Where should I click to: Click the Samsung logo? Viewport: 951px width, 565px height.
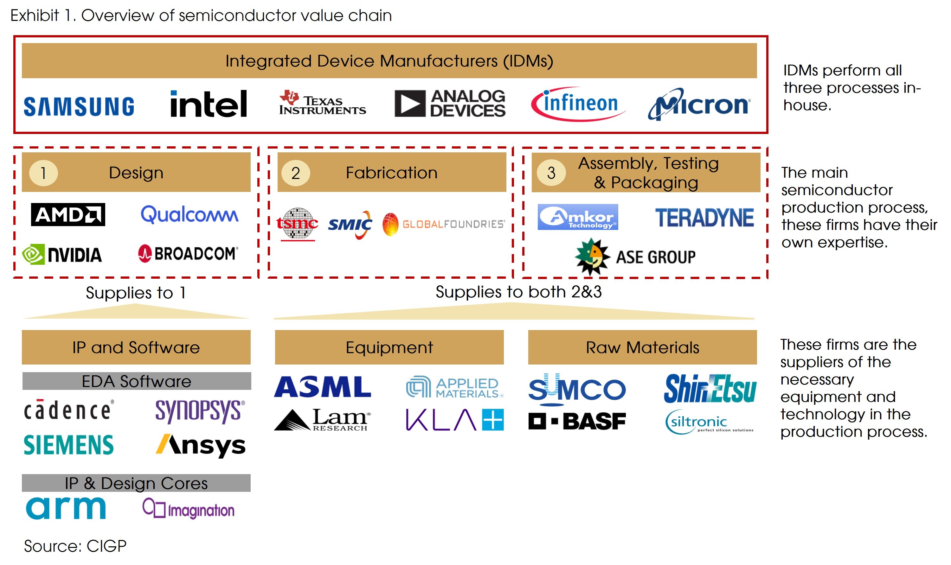tap(79, 106)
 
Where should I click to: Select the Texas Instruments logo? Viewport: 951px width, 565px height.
tap(322, 103)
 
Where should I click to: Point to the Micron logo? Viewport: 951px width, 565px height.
tap(699, 104)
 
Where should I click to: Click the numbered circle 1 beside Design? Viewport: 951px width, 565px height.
tap(43, 173)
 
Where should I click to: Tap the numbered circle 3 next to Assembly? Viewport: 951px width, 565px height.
tap(551, 173)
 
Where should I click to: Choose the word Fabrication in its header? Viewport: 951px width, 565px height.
tap(391, 173)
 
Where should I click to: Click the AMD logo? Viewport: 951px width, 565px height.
tap(68, 215)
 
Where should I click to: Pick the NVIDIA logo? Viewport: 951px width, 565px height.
tap(62, 255)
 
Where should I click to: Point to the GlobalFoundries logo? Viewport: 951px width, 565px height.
tap(444, 224)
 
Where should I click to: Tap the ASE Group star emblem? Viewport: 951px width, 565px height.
tap(591, 256)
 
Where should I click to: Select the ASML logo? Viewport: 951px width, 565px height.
tap(322, 387)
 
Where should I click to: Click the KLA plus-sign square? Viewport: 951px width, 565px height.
tap(493, 420)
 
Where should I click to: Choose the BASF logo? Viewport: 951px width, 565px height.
tap(577, 421)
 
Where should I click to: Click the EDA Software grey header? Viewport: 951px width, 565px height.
tap(136, 381)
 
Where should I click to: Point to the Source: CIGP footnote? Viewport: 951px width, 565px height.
tap(75, 546)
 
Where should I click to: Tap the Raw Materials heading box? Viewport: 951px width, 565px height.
tap(642, 347)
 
